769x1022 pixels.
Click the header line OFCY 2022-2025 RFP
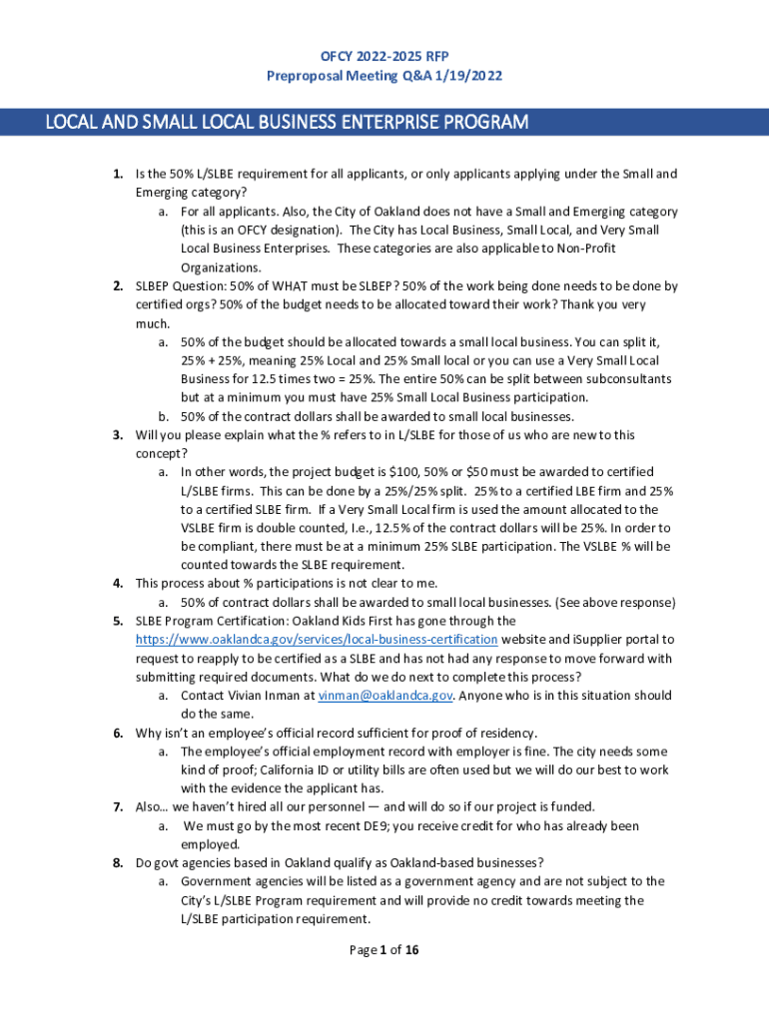pyautogui.click(x=384, y=56)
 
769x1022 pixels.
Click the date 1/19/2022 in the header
pyautogui.click(x=470, y=75)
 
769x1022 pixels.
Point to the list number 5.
pyautogui.click(x=117, y=621)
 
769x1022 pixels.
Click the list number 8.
pyautogui.click(x=117, y=863)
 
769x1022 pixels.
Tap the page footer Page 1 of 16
pyautogui.click(x=384, y=950)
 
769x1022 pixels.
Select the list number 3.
pyautogui.click(x=117, y=435)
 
